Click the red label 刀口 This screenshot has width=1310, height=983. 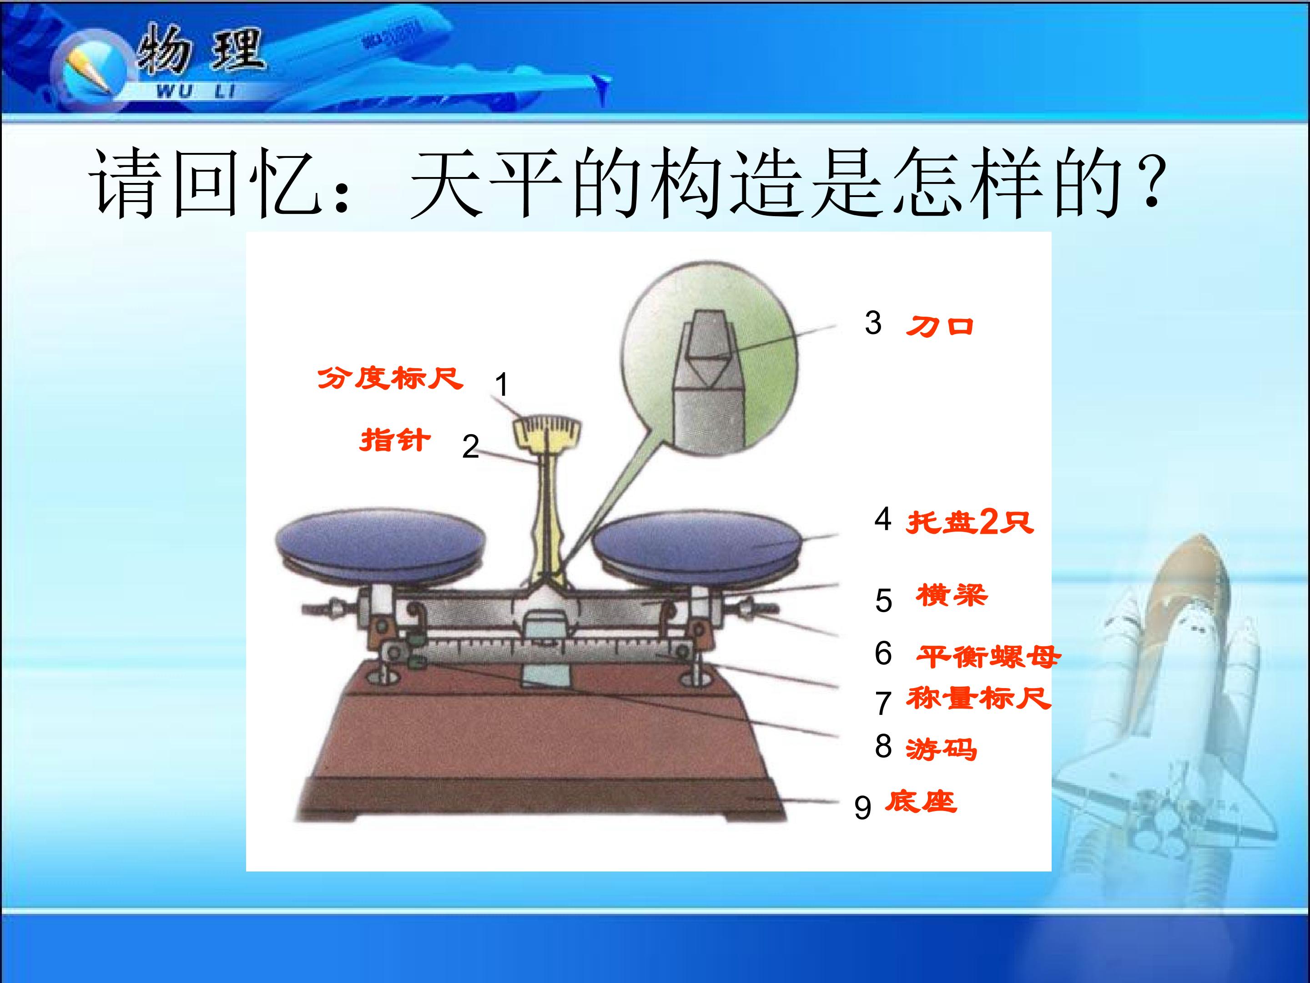click(x=940, y=326)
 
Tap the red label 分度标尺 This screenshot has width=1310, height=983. click(x=390, y=378)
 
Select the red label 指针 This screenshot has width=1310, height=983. click(x=395, y=440)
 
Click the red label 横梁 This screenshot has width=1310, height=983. click(x=952, y=595)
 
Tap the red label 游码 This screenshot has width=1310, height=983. click(x=941, y=750)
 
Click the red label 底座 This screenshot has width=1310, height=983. click(x=921, y=802)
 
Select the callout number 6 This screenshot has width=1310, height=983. click(x=883, y=653)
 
